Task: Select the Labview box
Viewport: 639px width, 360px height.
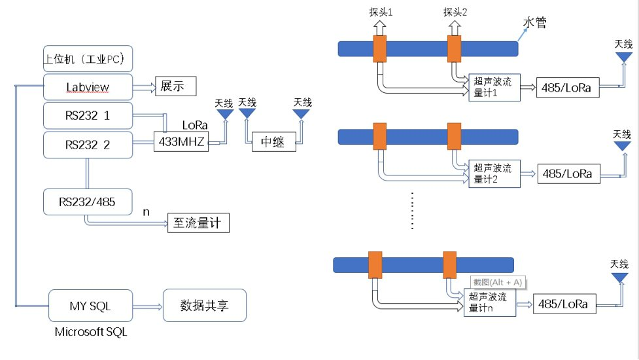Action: pos(88,87)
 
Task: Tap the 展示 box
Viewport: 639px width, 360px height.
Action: pos(175,87)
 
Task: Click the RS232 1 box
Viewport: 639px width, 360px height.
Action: pos(88,115)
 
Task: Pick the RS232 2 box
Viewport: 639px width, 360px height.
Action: pos(88,144)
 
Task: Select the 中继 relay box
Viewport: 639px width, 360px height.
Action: pos(273,141)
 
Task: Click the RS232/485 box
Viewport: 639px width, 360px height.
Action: pos(88,202)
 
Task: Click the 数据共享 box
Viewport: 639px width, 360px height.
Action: pos(204,305)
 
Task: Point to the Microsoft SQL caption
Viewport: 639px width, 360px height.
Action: pos(91,333)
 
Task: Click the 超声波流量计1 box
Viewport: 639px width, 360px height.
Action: pos(494,87)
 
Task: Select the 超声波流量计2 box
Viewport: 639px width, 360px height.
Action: pos(494,173)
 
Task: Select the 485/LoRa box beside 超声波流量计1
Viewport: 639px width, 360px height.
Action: pos(567,87)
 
